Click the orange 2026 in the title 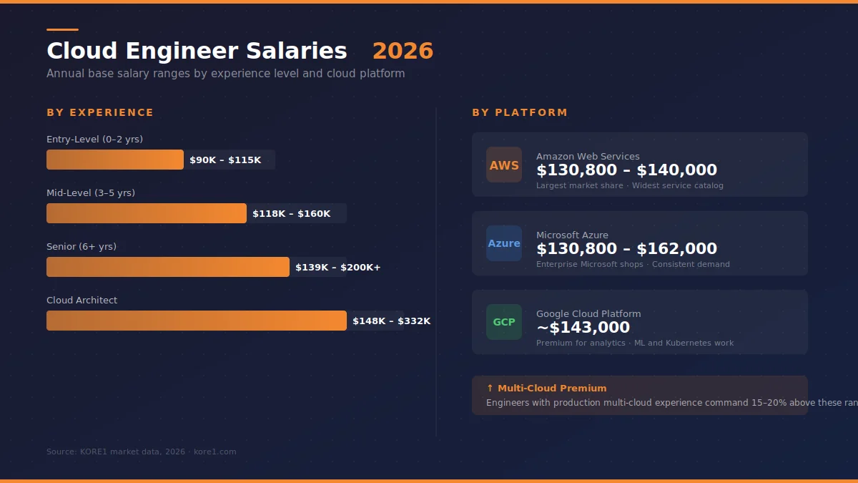(x=403, y=51)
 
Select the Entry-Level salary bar (x=115, y=160)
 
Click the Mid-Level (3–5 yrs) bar (x=147, y=213)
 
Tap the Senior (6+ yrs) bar (x=168, y=267)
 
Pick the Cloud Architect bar (x=197, y=321)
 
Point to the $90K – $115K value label (x=225, y=160)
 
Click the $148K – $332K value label (x=391, y=321)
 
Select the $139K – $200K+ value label (x=337, y=268)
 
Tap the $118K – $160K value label (x=291, y=214)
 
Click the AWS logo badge (x=504, y=165)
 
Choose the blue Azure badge (x=504, y=243)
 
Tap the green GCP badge (x=504, y=322)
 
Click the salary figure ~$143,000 (x=583, y=328)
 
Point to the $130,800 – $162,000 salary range (x=626, y=249)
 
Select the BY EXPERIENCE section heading (x=100, y=112)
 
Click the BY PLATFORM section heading (x=520, y=112)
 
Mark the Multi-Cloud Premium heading (x=547, y=388)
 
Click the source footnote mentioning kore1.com (x=141, y=452)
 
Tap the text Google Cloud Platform (x=588, y=313)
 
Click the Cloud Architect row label (x=82, y=300)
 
